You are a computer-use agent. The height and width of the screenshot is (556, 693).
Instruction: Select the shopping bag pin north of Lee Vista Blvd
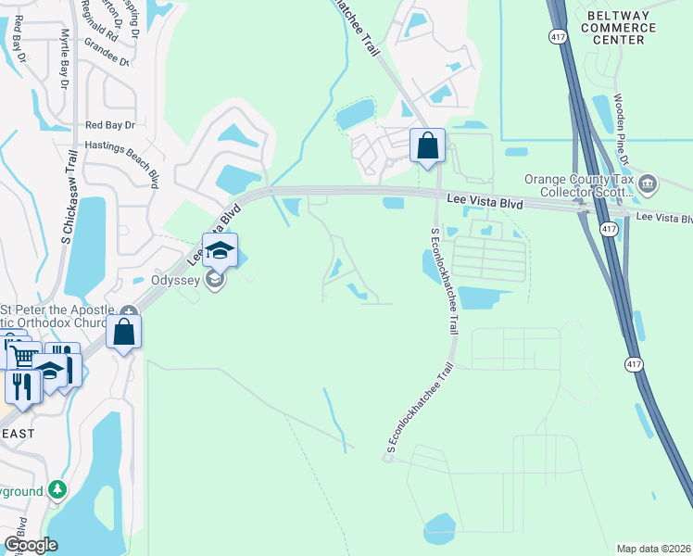[427, 145]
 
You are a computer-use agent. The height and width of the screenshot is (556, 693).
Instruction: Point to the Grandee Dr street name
[106, 48]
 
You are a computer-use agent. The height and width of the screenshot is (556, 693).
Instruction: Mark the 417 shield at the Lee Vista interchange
[609, 227]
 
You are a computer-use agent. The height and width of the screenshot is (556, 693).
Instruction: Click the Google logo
[31, 545]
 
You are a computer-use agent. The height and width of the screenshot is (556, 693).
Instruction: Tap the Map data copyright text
[653, 549]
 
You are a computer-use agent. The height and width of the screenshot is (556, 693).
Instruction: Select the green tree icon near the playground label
[58, 488]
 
